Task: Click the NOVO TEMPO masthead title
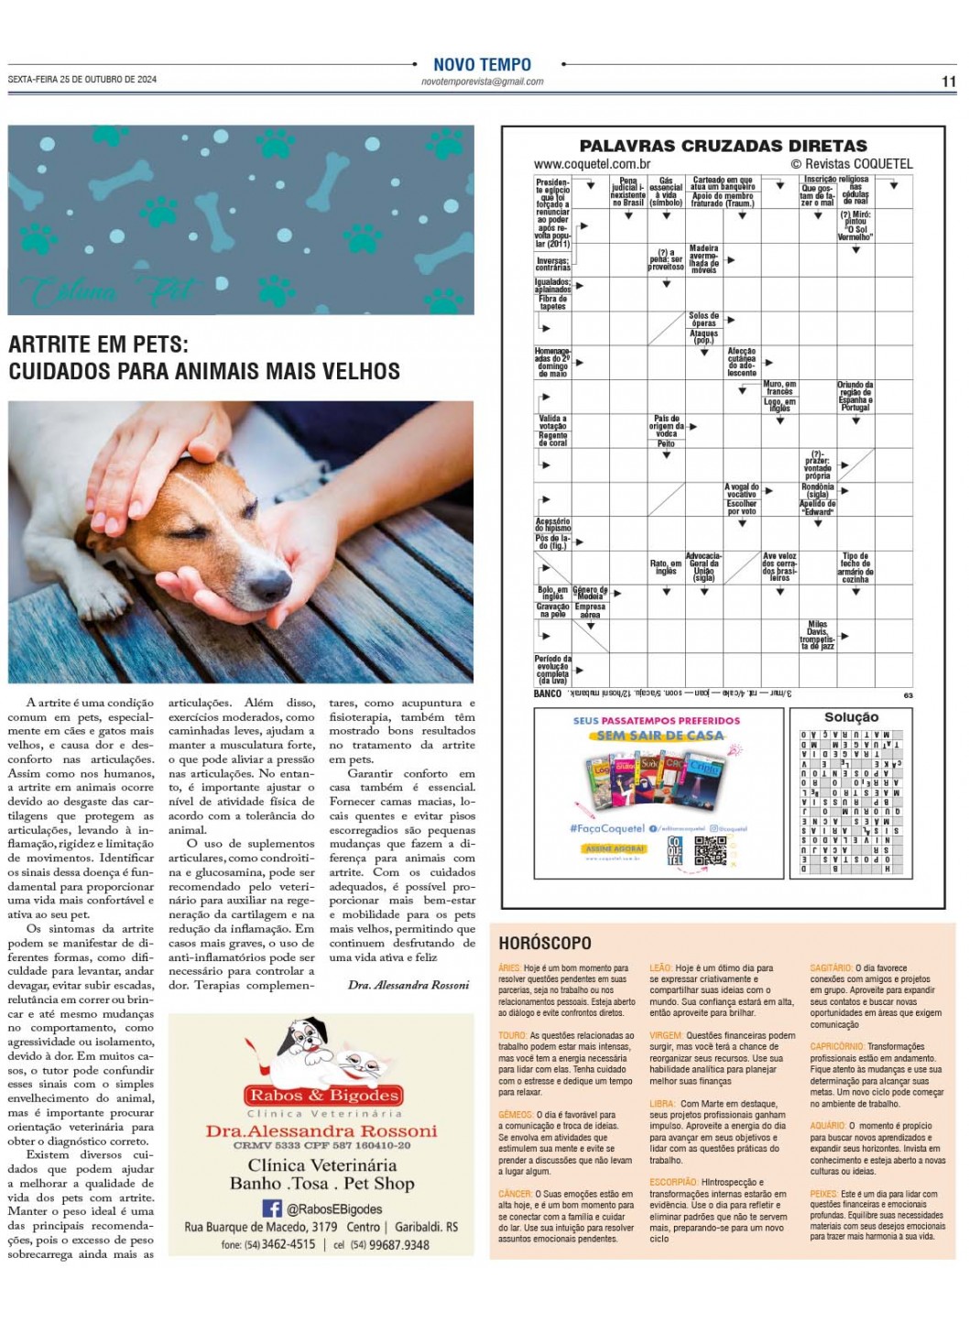482,64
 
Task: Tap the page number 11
948,82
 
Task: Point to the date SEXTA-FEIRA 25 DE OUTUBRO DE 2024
82,80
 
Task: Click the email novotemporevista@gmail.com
482,82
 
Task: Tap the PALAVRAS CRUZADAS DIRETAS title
723,146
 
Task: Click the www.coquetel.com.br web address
592,164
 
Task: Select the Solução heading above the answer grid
851,717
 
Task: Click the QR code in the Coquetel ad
710,850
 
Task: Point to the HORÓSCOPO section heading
545,943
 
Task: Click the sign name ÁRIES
509,967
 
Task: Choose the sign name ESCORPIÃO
673,1183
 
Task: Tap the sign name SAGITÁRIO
832,967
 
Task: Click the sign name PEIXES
823,1194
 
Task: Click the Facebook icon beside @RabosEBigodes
272,1208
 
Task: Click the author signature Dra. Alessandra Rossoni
408,985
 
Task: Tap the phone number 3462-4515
288,1245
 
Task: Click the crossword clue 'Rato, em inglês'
666,567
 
